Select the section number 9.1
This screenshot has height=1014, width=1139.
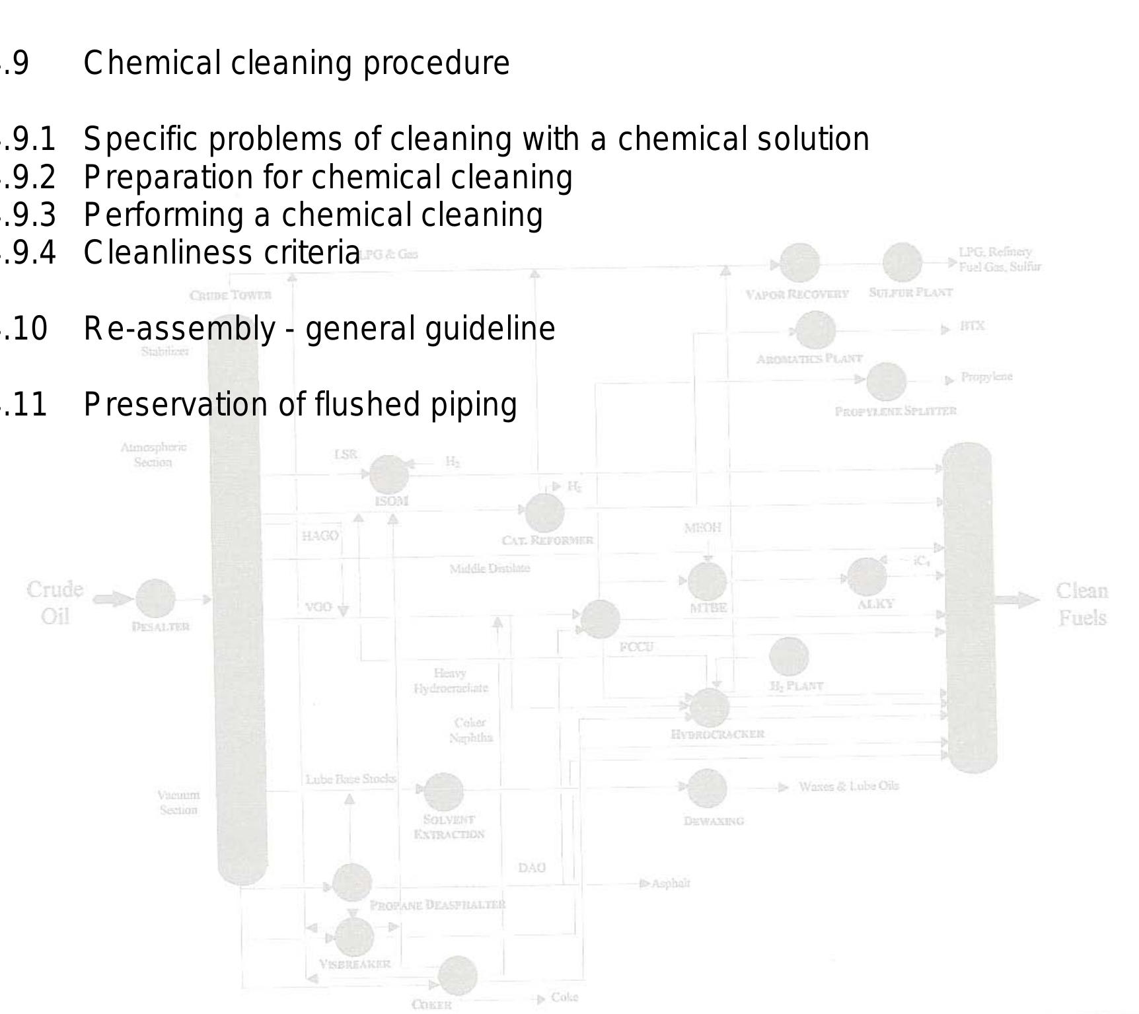(30, 139)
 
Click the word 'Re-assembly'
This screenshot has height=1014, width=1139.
(179, 329)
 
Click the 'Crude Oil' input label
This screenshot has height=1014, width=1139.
(55, 602)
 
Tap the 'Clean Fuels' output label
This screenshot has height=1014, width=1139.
(1082, 604)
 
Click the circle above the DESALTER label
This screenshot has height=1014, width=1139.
(156, 599)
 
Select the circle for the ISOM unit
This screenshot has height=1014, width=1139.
(389, 474)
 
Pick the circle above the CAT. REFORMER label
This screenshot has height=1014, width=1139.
(544, 513)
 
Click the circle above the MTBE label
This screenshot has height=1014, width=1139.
(708, 581)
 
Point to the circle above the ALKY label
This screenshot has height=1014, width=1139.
(867, 577)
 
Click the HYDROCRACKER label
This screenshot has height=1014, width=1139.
(717, 734)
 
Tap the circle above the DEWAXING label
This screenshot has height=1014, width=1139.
(708, 787)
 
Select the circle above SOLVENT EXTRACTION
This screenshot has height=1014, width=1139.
(444, 791)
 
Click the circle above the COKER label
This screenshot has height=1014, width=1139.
(458, 976)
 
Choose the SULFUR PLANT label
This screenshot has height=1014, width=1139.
(910, 293)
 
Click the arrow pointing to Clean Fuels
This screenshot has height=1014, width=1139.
(1017, 600)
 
